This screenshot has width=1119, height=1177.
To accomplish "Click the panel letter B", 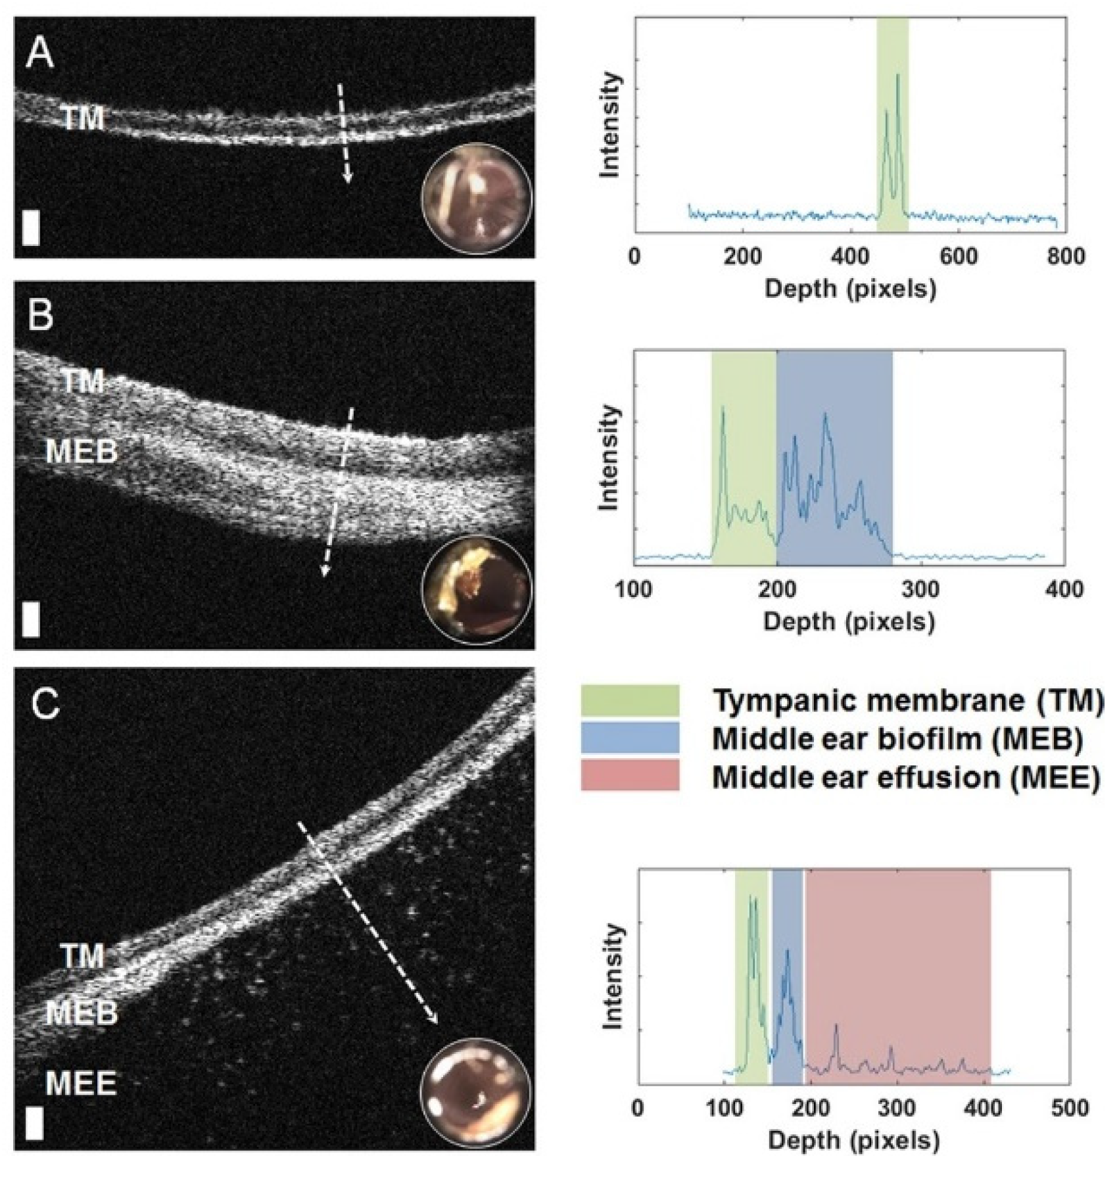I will point(41,315).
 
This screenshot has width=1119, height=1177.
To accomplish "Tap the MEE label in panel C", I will point(81,1083).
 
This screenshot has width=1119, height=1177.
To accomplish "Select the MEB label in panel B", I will point(82,452).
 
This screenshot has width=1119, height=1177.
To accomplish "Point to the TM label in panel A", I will point(83,119).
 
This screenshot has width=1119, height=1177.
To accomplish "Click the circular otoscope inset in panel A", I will point(476,199).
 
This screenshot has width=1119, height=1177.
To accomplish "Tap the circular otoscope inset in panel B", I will point(476,589).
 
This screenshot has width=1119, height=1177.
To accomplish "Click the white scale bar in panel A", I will point(31,228).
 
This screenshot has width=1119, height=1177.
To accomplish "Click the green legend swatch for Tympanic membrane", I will point(629,701).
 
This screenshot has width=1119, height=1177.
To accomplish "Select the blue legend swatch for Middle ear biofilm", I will point(629,738).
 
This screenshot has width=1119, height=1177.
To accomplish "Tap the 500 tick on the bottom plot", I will point(1070,1108).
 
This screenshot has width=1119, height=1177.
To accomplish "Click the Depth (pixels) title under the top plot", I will point(849,288).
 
